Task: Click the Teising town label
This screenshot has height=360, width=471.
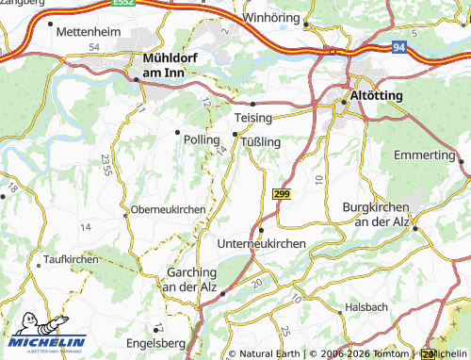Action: point(252,117)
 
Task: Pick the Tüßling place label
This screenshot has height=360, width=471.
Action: point(262,141)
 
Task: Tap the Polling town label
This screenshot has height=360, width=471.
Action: point(203,139)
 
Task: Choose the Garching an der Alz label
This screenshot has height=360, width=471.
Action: point(190,280)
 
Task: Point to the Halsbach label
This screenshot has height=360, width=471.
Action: point(366,307)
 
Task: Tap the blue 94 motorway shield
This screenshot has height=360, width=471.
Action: point(399,45)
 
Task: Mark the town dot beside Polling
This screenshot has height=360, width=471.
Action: point(177,131)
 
